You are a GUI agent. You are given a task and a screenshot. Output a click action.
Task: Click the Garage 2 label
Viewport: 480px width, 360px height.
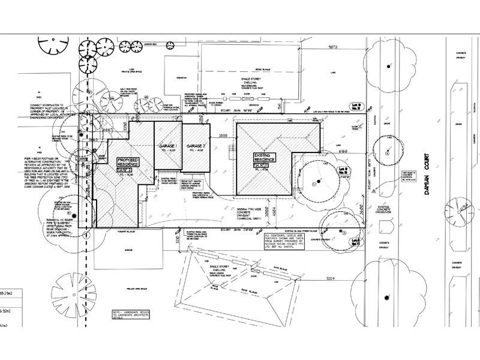pyautogui.click(x=196, y=148)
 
